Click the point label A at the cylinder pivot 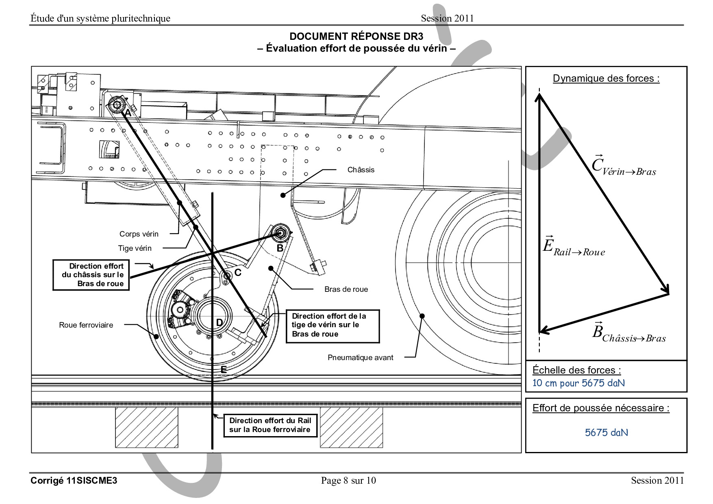coord(128,113)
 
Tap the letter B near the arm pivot coord(280,248)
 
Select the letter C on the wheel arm coord(238,273)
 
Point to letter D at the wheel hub coord(219,323)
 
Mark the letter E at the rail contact coord(223,370)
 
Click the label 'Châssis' coord(361,170)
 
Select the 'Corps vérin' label coord(139,234)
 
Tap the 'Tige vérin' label coord(135,248)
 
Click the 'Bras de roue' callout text coord(346,289)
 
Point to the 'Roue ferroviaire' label coord(86,325)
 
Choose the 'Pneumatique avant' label coord(360,358)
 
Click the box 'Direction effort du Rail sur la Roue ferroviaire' coord(270,425)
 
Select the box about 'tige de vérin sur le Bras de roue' coord(332,325)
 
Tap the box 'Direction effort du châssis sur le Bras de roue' coord(91,275)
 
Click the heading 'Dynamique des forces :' coord(606,78)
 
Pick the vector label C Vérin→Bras coord(623,166)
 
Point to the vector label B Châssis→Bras coord(628,333)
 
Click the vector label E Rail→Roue coord(574,246)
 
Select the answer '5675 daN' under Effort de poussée coord(606,432)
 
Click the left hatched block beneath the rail coord(147,427)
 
